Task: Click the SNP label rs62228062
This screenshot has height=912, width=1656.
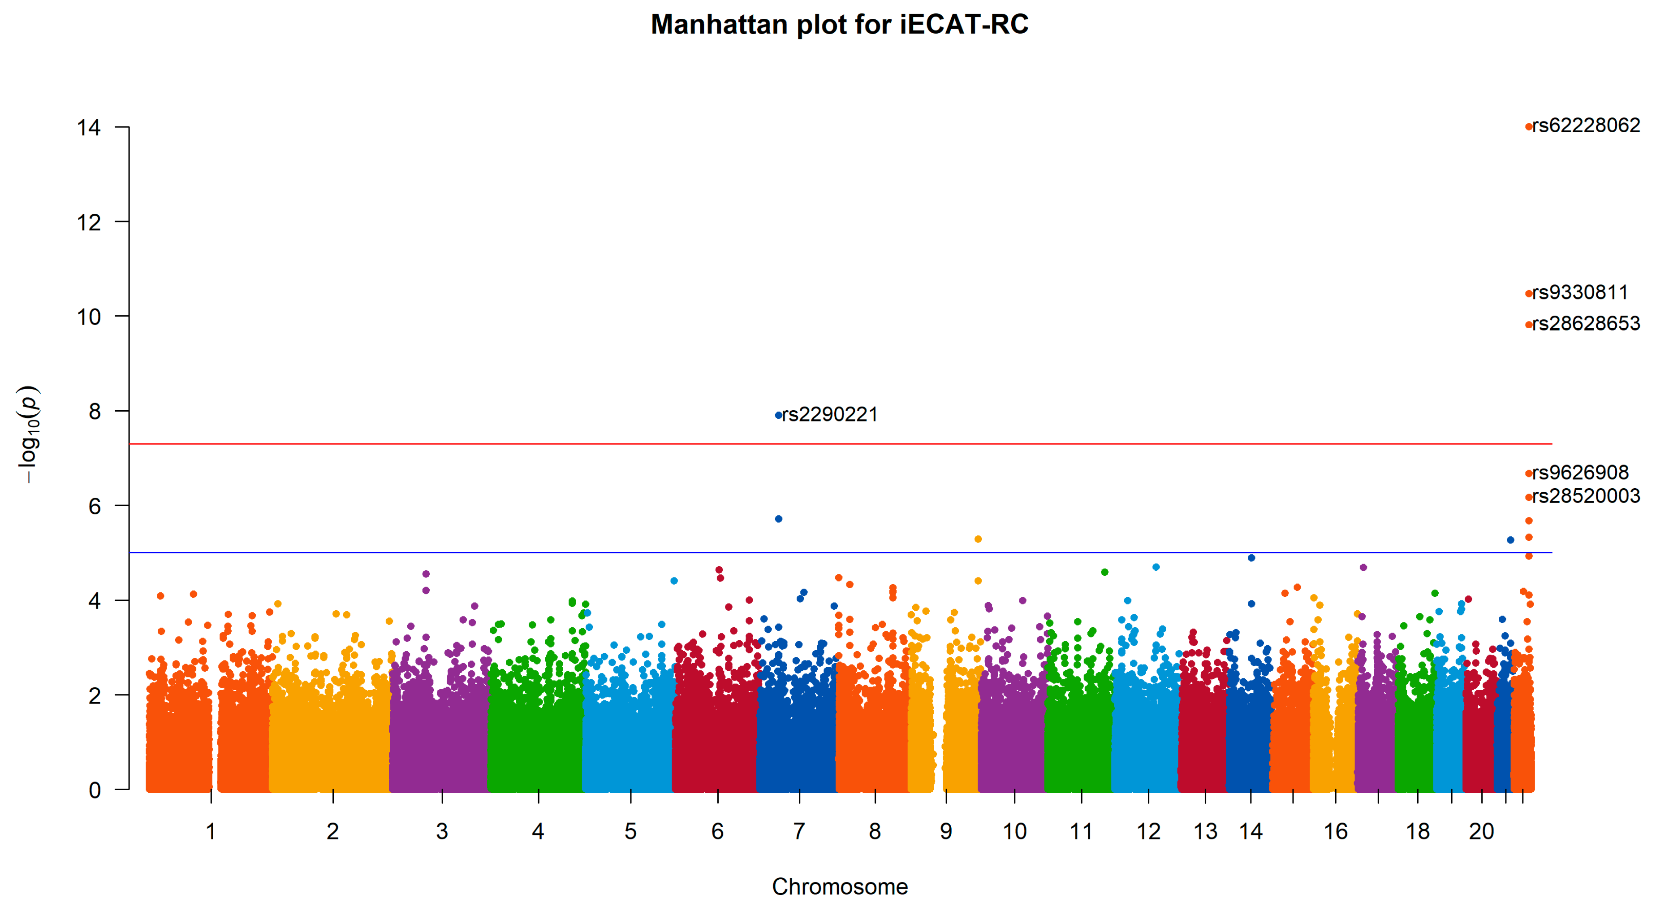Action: [1586, 126]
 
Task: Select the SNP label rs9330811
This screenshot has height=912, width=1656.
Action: [1580, 293]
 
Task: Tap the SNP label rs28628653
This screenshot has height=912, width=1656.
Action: [1586, 324]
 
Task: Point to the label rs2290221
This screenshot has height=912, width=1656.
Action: [830, 414]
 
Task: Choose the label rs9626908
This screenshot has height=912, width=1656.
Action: [1580, 473]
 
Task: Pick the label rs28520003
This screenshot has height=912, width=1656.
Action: [1586, 496]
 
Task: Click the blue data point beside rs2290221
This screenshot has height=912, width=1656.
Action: [779, 416]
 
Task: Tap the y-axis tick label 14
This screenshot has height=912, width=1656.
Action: [89, 128]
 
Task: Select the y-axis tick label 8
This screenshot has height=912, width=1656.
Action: [95, 412]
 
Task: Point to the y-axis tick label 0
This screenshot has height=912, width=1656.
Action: [95, 790]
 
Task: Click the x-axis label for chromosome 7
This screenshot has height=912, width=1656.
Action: [799, 832]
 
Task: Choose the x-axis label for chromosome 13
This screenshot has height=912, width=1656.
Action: [1205, 832]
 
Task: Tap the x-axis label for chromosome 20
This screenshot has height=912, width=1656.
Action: [1481, 832]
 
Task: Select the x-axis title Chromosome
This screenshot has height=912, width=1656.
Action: [840, 887]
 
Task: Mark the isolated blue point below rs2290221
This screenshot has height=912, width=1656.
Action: [779, 519]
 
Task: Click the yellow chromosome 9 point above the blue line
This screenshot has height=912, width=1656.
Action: [978, 539]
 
